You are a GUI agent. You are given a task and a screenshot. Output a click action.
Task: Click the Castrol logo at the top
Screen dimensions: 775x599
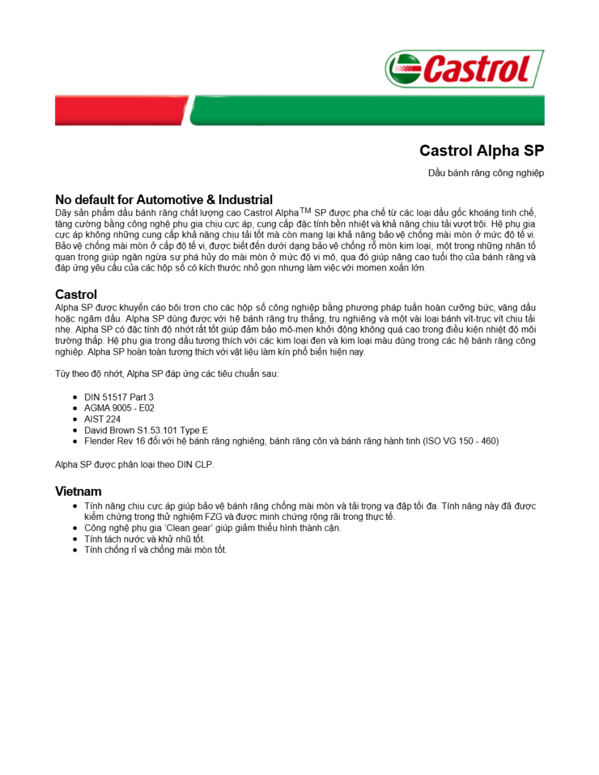[464, 68]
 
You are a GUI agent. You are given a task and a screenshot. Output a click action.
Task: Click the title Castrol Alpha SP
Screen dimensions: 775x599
[481, 150]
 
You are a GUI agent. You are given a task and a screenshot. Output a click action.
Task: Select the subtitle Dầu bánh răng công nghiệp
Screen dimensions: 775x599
[486, 173]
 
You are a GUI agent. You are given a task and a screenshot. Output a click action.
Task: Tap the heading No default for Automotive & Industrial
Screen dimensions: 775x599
[163, 200]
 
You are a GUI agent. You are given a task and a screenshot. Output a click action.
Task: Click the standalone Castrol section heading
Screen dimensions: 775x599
[76, 294]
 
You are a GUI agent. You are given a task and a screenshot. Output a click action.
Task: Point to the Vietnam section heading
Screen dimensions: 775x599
[78, 491]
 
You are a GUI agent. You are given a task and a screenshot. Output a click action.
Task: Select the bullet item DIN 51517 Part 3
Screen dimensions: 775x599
[119, 397]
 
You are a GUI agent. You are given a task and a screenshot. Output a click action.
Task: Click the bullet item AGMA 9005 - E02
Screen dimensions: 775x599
[119, 408]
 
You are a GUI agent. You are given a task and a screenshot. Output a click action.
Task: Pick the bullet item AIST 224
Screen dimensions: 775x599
[102, 419]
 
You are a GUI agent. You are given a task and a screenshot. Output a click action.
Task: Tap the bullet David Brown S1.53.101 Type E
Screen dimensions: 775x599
[145, 430]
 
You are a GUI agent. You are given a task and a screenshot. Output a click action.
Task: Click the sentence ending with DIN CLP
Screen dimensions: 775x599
[134, 464]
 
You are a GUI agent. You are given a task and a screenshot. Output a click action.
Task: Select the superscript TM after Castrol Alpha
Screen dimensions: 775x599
[305, 210]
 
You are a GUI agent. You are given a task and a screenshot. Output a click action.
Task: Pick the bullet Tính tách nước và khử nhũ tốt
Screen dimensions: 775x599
[144, 539]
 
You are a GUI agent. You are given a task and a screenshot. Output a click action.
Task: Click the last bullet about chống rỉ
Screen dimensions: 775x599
[155, 550]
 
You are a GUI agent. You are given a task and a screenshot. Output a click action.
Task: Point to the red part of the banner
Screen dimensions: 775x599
[120, 110]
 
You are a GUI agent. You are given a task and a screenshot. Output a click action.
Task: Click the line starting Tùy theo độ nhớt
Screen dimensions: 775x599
[167, 374]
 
